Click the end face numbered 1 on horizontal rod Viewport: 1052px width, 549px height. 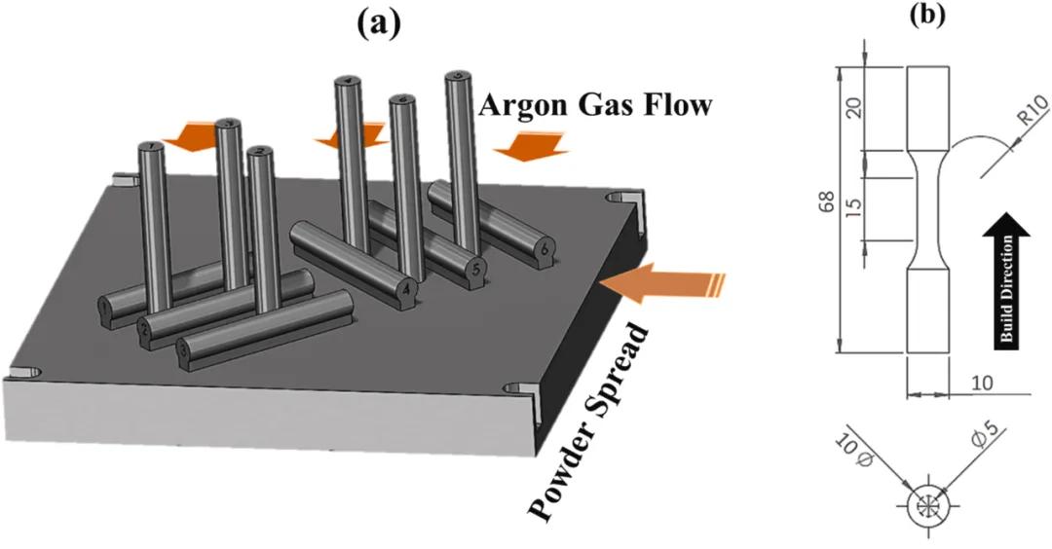click(x=104, y=311)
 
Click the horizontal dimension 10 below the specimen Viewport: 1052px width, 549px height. click(x=983, y=383)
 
